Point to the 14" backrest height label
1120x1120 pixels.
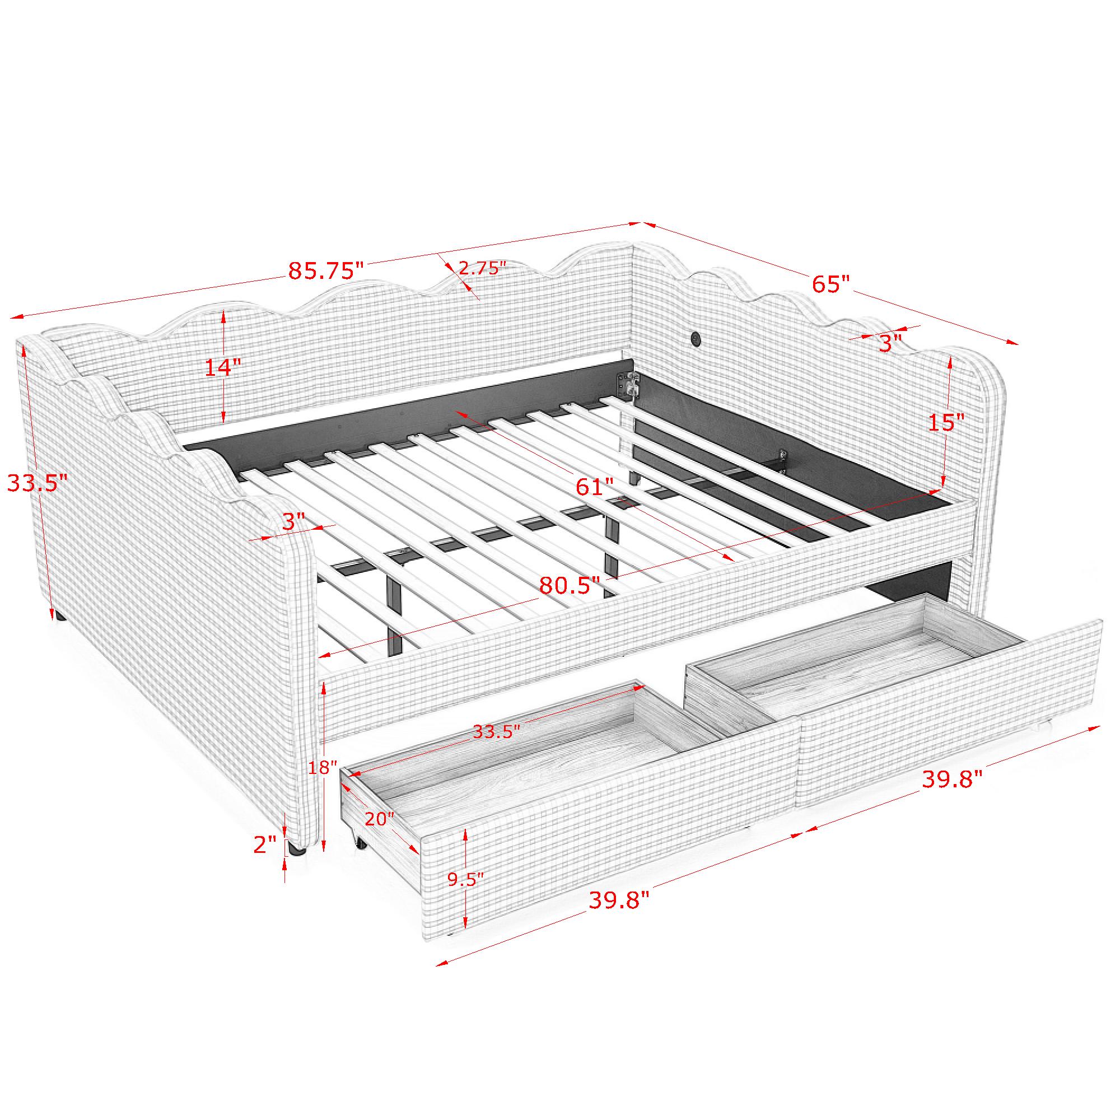(223, 367)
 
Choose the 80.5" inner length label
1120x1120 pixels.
(570, 586)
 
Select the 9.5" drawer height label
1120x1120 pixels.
(465, 895)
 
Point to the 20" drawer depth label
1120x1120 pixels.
(380, 819)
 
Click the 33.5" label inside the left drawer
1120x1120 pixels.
(493, 731)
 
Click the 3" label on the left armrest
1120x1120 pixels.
(293, 521)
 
